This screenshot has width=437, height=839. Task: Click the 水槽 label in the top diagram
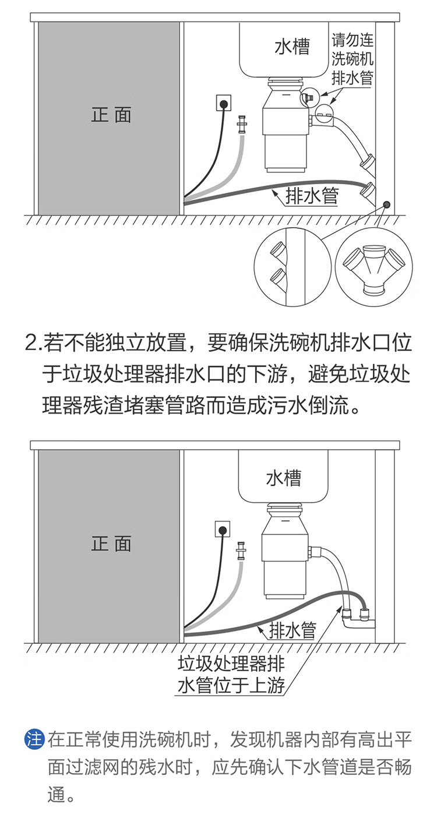(292, 47)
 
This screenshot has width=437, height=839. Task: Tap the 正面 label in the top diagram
(111, 114)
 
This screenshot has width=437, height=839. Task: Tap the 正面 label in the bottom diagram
(111, 544)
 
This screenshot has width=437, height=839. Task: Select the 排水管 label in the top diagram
(312, 196)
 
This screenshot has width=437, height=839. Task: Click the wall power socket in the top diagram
(223, 103)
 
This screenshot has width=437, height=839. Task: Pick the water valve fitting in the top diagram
(241, 125)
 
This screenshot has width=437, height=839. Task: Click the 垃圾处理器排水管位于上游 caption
(231, 675)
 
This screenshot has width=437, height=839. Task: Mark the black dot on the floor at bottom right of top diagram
(386, 205)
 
